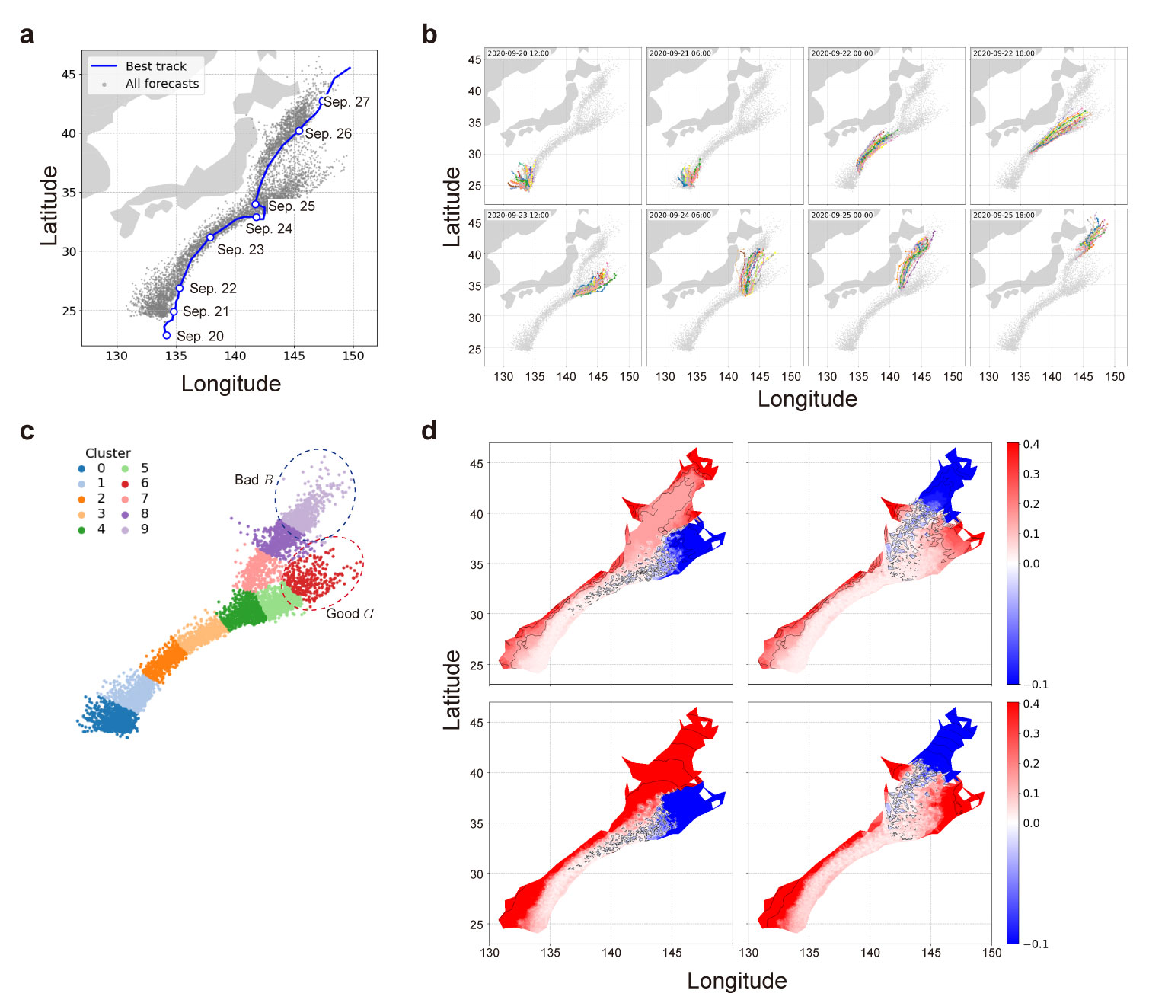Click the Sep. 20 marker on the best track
tap(167, 335)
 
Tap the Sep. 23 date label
tap(240, 250)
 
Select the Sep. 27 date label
tap(346, 102)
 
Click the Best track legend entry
tap(155, 66)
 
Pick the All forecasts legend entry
tap(161, 84)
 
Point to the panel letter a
tap(27, 35)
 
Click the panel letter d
tap(429, 431)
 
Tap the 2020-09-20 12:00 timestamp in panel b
tap(518, 54)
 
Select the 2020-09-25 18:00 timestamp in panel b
tap(1004, 216)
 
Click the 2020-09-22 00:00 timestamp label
tap(842, 54)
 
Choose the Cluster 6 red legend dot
tap(125, 484)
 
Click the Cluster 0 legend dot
tap(81, 468)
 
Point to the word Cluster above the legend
tap(107, 453)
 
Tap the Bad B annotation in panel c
tap(254, 480)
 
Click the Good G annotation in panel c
tap(349, 614)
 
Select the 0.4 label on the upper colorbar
tap(1031, 445)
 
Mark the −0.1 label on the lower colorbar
tap(1035, 944)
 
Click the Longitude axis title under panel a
tap(231, 384)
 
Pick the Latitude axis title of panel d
tap(452, 690)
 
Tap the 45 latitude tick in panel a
tap(69, 75)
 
